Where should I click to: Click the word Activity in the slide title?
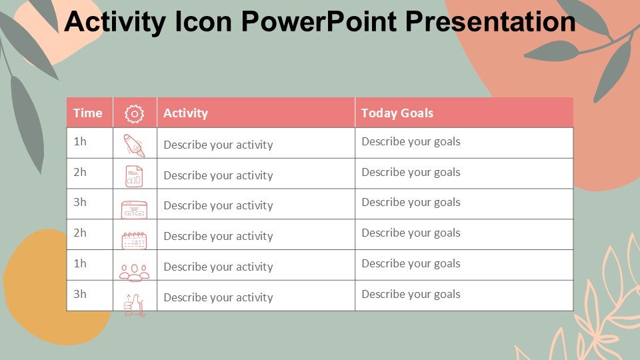coord(115,23)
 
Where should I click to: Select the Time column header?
coord(88,113)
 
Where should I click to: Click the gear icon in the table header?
coord(134,114)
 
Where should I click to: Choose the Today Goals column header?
coord(397,113)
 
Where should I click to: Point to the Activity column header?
coord(186,113)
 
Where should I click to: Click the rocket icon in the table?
coord(134,145)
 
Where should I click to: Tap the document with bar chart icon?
coord(134,176)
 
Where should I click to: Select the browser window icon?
coord(134,209)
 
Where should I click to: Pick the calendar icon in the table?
coord(134,241)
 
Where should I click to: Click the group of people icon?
coord(134,273)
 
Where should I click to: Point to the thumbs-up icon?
coord(134,305)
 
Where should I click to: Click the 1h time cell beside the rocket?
coord(80,141)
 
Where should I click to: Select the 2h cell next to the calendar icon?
coord(80,233)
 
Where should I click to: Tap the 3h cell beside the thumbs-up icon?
coord(80,294)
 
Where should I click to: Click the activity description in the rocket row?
coord(219,145)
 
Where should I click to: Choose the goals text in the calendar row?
coord(411,233)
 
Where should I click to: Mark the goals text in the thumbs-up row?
coord(411,295)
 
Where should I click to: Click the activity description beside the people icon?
coord(219,267)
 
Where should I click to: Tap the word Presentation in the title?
coord(491,21)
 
